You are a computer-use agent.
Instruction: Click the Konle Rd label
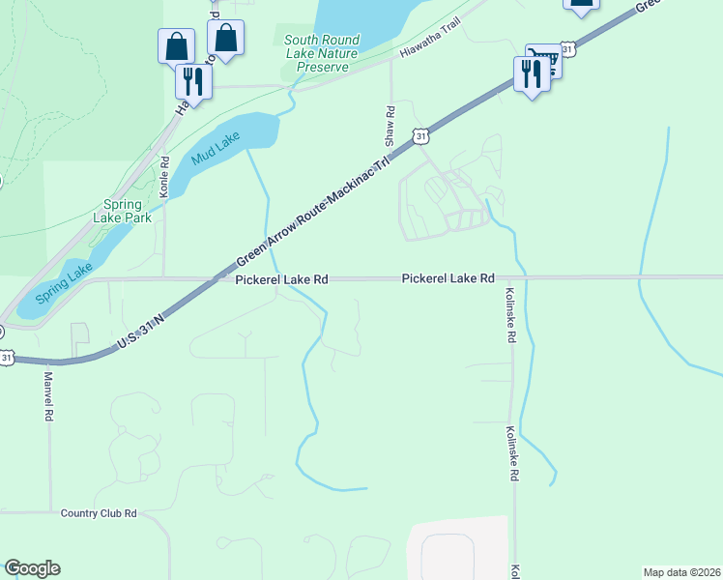click(164, 178)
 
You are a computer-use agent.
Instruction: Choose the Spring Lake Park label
click(129, 211)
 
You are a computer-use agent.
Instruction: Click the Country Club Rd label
click(99, 513)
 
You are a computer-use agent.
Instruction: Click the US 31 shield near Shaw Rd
click(419, 136)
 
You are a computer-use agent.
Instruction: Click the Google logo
click(32, 568)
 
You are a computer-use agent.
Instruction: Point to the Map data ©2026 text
click(681, 572)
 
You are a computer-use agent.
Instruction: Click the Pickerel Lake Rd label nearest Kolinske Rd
click(448, 277)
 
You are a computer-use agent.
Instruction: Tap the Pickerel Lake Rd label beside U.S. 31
click(281, 278)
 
